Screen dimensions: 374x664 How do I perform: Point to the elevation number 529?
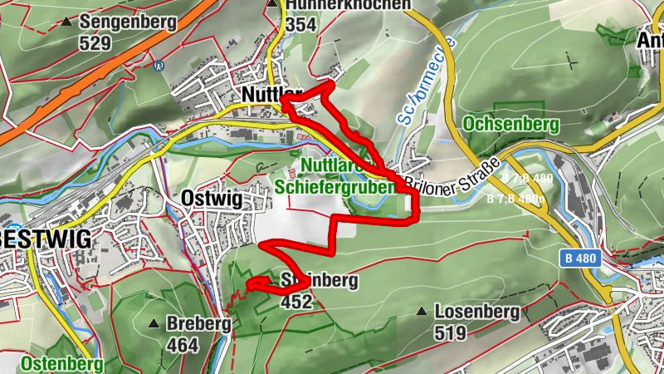click(95, 42)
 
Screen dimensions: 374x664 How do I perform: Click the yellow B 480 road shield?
click(580, 258)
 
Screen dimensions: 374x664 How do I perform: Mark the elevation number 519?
click(451, 332)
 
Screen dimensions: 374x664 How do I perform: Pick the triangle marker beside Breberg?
click(153, 323)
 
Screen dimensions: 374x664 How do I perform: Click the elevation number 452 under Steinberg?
click(296, 301)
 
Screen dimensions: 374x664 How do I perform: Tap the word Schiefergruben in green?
click(336, 187)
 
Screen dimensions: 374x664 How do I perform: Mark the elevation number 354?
click(301, 25)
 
